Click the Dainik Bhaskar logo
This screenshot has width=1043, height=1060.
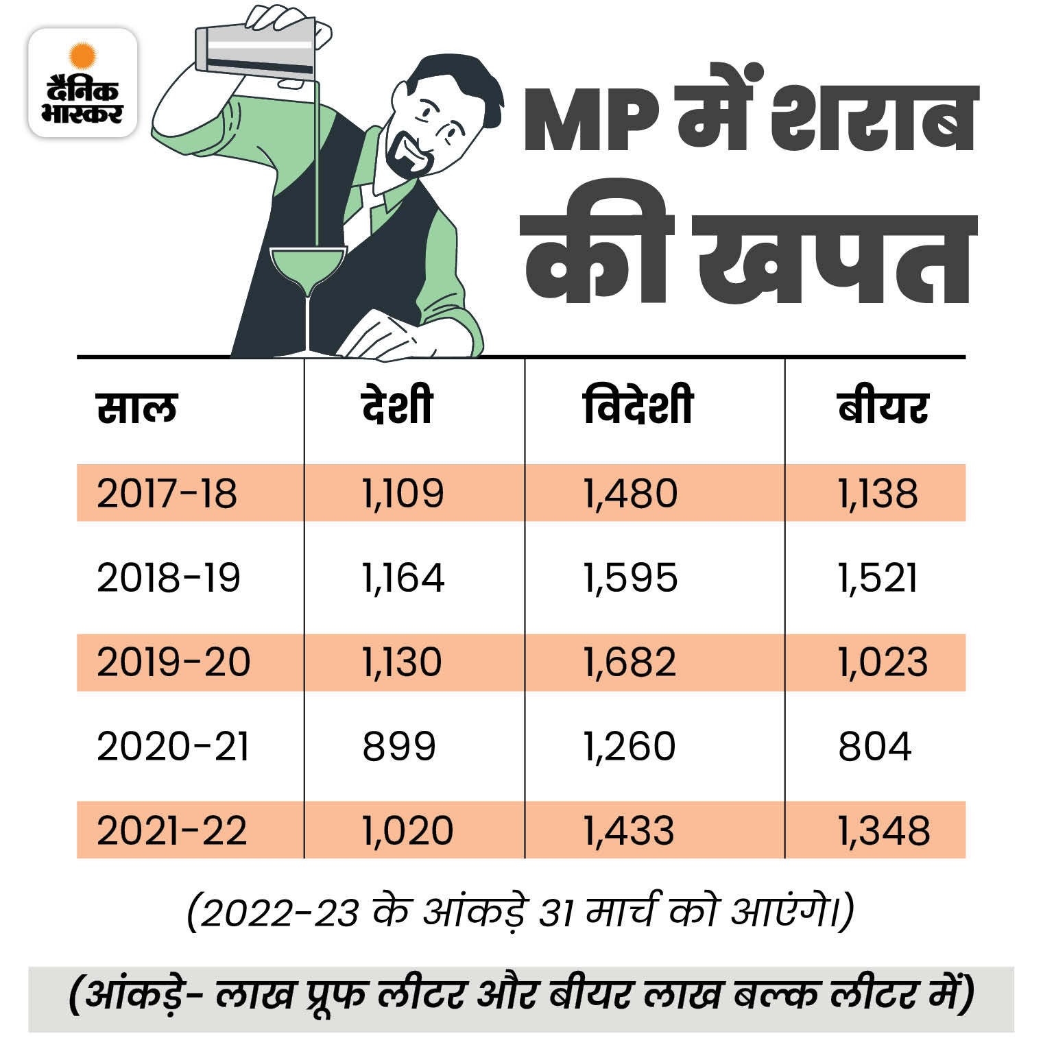pos(82,83)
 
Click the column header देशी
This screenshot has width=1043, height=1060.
pos(397,406)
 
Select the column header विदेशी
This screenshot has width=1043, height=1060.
pos(638,406)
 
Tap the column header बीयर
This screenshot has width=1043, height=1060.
pos(883,407)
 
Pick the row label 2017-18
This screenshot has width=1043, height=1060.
pos(167,493)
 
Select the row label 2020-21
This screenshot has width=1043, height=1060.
pos(173,746)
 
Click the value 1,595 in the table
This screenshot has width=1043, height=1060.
pos(630,577)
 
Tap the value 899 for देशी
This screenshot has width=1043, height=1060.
pos(398,746)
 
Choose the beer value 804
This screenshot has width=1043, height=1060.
pos(874,746)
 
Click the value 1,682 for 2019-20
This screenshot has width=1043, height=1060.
pos(630,662)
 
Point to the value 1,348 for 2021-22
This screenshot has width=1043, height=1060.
pos(883,830)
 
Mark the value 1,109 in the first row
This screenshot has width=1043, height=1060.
pos(403,493)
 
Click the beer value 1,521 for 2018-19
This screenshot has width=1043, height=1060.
pos(877,577)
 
